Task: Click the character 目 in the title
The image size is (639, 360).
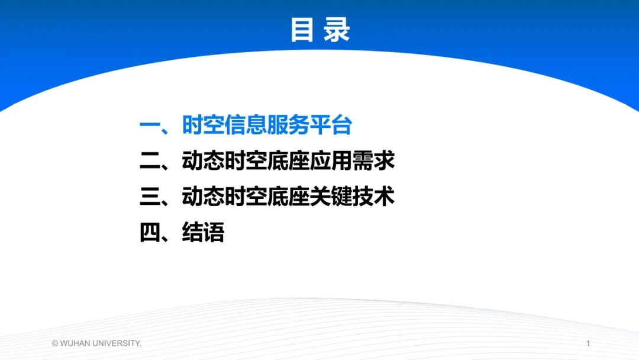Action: click(302, 30)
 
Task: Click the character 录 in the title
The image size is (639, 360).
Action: click(337, 30)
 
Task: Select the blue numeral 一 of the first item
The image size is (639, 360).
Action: click(149, 126)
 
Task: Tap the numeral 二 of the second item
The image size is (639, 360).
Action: click(149, 161)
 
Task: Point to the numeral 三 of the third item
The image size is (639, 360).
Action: click(149, 197)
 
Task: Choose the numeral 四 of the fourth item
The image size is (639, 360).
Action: click(149, 232)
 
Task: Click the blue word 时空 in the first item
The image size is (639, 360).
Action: click(203, 126)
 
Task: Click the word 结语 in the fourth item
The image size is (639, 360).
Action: click(203, 232)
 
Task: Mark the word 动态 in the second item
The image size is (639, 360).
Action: click(203, 161)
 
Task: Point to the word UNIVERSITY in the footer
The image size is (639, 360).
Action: click(116, 343)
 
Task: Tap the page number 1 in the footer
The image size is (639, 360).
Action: click(588, 343)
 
